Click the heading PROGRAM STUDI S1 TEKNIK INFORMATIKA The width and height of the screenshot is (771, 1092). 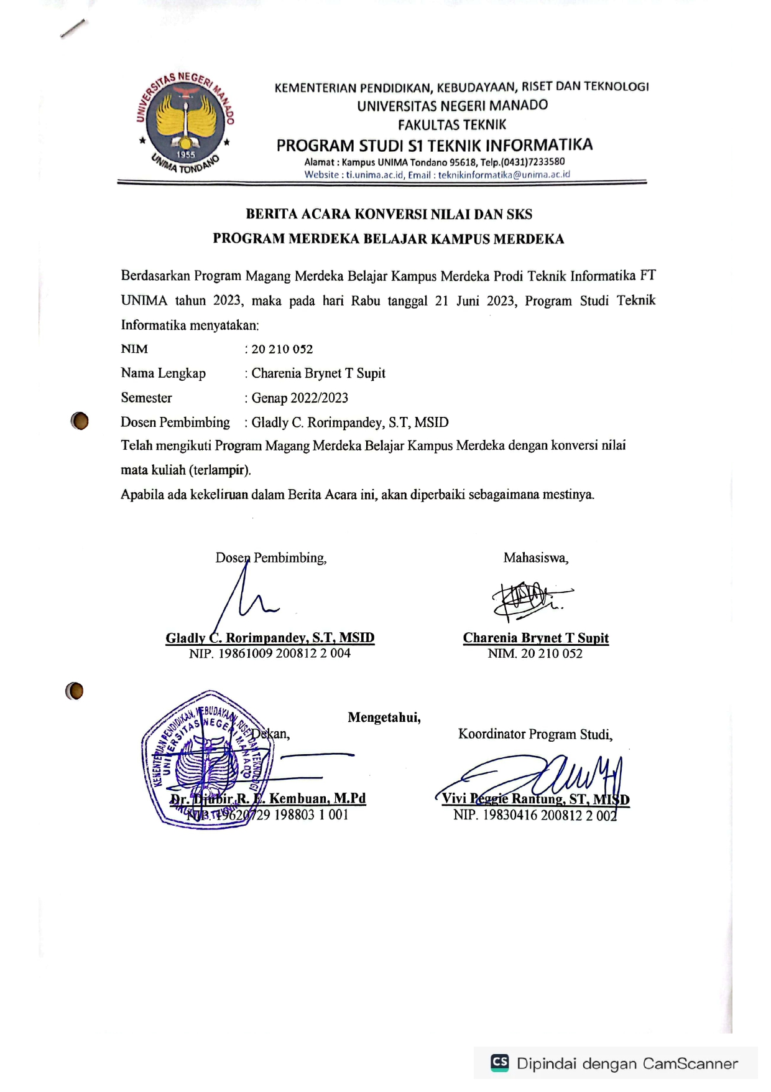[434, 146]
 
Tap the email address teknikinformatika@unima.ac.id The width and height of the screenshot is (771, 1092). [504, 175]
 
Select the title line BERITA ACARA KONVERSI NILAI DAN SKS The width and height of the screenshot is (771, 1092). [389, 215]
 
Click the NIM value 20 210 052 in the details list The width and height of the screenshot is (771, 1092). [282, 349]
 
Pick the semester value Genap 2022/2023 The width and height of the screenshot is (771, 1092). [299, 398]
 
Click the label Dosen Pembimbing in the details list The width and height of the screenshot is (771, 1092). [175, 422]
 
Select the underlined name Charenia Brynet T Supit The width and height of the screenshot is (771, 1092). [535, 638]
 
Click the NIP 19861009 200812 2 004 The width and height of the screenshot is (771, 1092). [270, 653]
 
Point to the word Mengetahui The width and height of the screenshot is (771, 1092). [384, 717]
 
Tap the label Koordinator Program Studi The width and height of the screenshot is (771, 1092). [535, 734]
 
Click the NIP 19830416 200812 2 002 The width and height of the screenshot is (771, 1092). [535, 815]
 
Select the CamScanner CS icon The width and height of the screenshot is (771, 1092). [499, 1062]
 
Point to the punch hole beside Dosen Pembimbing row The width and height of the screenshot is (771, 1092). [80, 421]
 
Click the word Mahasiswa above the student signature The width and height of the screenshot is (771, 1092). [535, 558]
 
